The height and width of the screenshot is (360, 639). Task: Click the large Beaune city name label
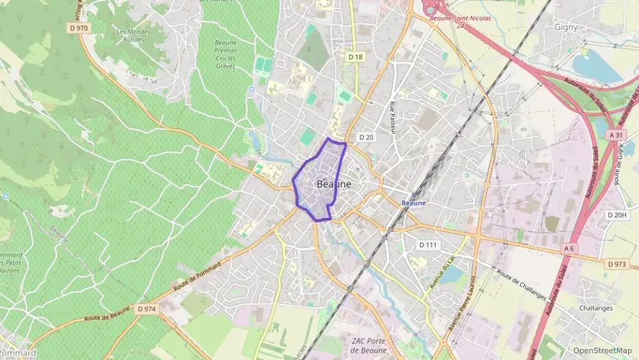pyautogui.click(x=335, y=184)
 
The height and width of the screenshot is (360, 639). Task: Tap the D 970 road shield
pyautogui.click(x=79, y=28)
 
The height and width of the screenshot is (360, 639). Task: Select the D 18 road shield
pyautogui.click(x=354, y=57)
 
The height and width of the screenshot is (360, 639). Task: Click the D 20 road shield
pyautogui.click(x=367, y=137)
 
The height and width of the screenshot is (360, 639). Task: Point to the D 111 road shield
pyautogui.click(x=429, y=245)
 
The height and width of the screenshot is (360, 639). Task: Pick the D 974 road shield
pyautogui.click(x=146, y=309)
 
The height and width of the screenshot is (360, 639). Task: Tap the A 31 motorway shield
pyautogui.click(x=616, y=136)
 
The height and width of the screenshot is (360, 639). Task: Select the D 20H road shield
pyautogui.click(x=616, y=214)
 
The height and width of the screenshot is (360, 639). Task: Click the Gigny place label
pyautogui.click(x=566, y=27)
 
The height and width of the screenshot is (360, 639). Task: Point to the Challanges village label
pyautogui.click(x=595, y=308)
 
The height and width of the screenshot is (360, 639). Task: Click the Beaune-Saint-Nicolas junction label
pyautogui.click(x=460, y=18)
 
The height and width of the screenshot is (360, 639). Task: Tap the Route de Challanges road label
pyautogui.click(x=522, y=284)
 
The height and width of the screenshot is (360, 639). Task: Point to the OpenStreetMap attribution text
pyautogui.click(x=603, y=350)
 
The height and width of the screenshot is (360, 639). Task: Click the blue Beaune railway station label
pyautogui.click(x=414, y=203)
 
